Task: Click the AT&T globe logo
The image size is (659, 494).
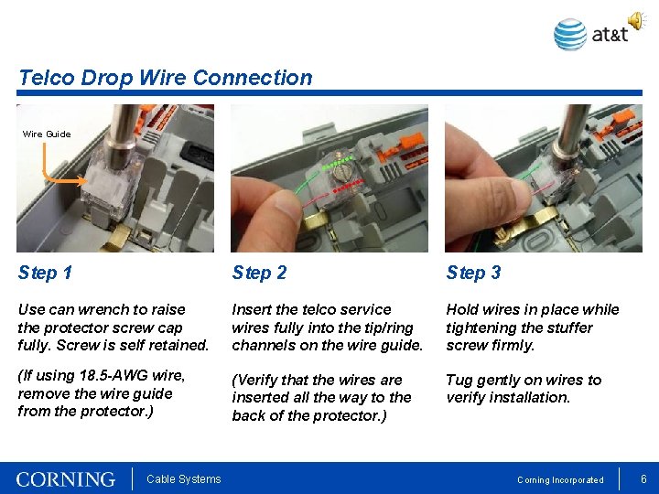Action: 570,35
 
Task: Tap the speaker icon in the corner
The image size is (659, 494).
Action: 636,20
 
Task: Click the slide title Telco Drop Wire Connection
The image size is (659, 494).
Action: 166,78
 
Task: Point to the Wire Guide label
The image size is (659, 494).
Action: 47,134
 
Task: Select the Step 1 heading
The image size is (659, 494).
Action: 45,273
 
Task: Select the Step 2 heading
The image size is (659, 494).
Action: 259,273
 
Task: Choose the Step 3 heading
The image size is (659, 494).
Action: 473,273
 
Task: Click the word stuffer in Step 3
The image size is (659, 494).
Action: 567,328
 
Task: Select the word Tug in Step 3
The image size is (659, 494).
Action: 460,380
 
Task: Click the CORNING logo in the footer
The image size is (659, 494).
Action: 66,479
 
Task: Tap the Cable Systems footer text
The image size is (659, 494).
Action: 183,479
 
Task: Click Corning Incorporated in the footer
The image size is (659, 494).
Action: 560,480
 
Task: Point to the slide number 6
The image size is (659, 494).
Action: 643,478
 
